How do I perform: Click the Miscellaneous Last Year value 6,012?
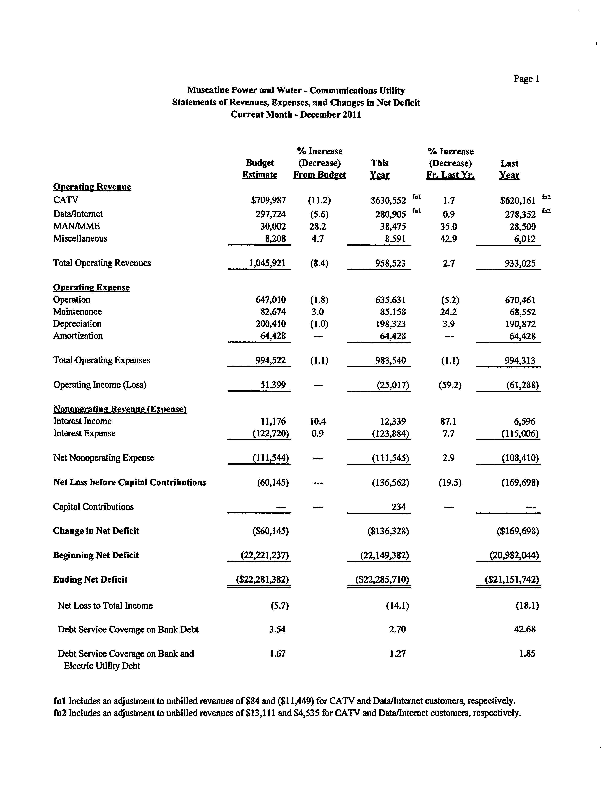pyautogui.click(x=525, y=239)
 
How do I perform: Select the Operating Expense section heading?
pyautogui.click(x=91, y=287)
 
